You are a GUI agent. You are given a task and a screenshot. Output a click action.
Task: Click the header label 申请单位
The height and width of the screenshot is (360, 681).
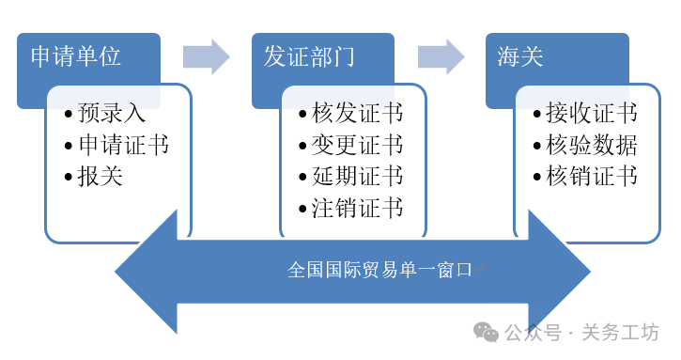click(76, 56)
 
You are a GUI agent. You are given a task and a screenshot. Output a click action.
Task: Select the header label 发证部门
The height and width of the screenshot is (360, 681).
click(309, 56)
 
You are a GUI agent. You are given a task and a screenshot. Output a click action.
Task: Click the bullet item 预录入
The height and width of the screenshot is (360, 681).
click(111, 115)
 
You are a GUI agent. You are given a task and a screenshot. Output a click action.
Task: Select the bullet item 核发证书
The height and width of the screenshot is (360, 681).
click(357, 115)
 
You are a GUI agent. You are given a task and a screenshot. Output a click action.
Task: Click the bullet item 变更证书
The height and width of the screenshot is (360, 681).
click(357, 145)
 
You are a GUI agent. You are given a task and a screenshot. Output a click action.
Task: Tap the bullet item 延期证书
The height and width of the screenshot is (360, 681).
click(357, 176)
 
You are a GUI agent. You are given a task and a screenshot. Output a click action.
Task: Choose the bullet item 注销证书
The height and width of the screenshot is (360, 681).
click(357, 207)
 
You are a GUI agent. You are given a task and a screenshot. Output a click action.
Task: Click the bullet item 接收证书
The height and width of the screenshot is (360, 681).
click(592, 115)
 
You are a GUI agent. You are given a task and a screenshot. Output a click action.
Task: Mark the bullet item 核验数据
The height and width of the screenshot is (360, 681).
click(592, 145)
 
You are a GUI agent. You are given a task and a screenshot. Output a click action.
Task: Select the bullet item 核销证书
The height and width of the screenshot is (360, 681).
click(592, 176)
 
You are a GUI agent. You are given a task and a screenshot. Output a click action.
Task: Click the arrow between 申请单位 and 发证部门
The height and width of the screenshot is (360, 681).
click(206, 56)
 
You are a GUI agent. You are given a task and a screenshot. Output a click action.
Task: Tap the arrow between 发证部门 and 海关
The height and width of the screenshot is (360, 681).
click(441, 56)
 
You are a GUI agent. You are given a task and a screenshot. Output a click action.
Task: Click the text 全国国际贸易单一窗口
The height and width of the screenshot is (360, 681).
click(379, 271)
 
